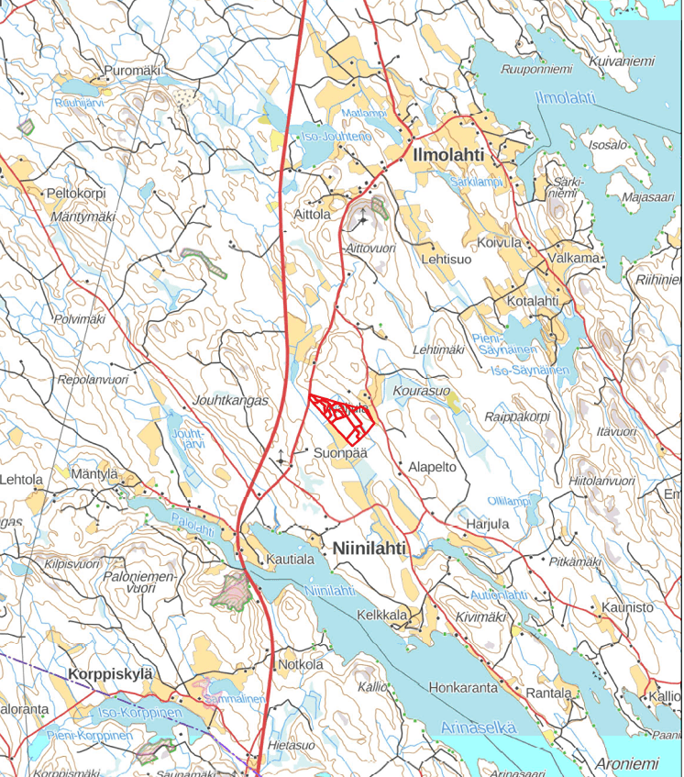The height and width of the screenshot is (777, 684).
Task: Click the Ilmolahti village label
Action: click(448, 154)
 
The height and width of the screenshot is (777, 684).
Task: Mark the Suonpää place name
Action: click(339, 452)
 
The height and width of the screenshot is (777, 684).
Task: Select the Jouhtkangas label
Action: click(229, 401)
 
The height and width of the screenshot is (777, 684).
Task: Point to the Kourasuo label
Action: click(422, 391)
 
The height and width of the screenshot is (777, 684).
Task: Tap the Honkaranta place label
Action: click(463, 687)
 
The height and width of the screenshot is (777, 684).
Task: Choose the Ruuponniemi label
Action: click(537, 70)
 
